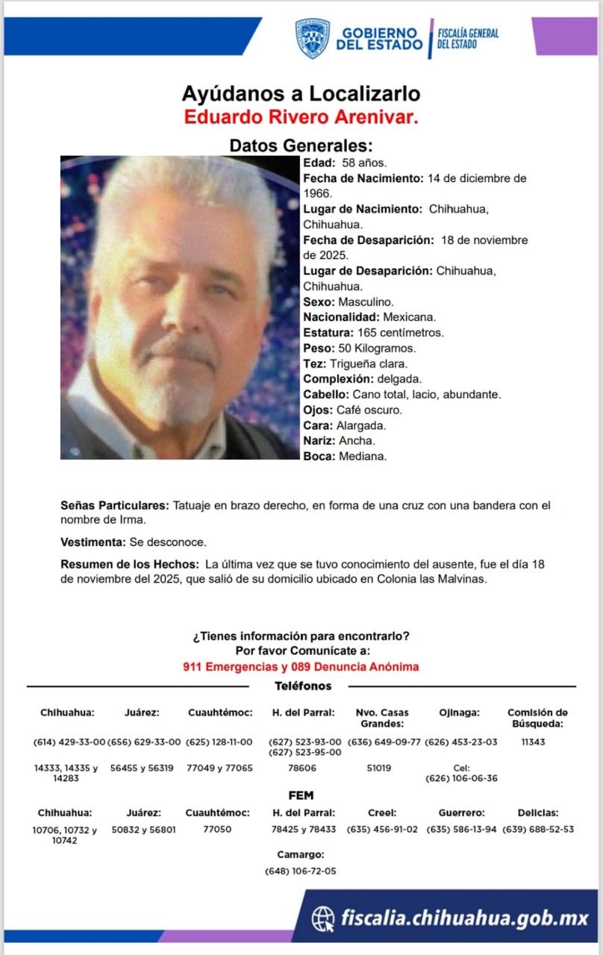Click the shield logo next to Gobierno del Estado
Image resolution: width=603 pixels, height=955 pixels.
click(x=312, y=39)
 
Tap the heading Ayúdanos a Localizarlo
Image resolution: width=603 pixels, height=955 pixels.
click(x=301, y=94)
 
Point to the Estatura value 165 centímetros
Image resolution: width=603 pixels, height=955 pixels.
click(x=401, y=332)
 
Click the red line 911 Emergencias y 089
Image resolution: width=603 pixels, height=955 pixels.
click(x=301, y=666)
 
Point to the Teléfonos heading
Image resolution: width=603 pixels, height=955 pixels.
click(x=303, y=686)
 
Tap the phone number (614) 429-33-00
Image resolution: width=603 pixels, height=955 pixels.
click(x=69, y=742)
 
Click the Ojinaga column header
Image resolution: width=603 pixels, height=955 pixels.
click(x=459, y=713)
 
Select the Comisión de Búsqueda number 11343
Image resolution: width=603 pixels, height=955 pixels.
click(x=534, y=742)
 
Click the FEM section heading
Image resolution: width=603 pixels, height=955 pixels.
click(x=301, y=795)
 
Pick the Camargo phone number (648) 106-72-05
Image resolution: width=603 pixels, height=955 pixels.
click(x=301, y=871)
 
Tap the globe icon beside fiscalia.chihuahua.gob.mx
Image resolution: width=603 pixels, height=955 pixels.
click(x=323, y=918)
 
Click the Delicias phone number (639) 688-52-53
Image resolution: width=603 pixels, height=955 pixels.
click(x=538, y=829)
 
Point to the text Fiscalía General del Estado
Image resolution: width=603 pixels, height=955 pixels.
click(x=468, y=39)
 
